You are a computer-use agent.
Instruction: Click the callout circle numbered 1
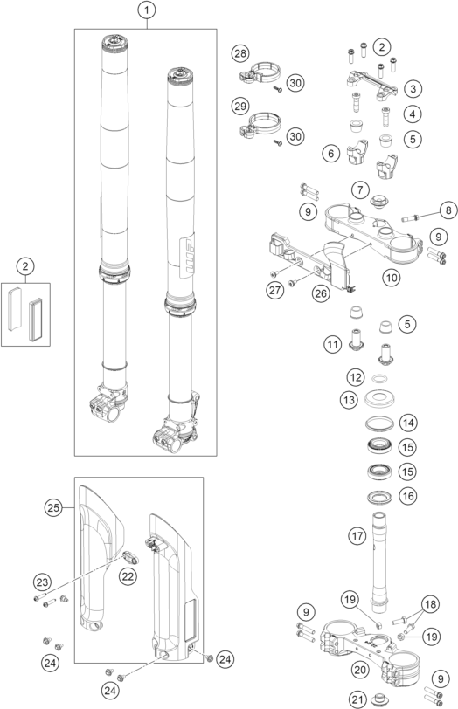[147, 10]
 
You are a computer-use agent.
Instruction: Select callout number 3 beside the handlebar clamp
[413, 88]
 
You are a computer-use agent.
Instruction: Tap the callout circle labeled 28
[240, 53]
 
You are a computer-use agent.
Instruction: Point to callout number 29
[240, 106]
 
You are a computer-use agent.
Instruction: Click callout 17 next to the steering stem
[357, 536]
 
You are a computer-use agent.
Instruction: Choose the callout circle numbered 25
[53, 508]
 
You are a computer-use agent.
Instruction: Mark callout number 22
[128, 576]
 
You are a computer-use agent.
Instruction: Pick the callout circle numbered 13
[349, 400]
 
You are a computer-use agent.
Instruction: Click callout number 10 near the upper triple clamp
[391, 277]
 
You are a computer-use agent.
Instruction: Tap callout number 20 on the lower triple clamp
[360, 669]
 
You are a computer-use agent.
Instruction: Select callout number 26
[321, 293]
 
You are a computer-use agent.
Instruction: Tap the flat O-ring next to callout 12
[380, 378]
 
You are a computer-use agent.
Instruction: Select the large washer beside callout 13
[380, 399]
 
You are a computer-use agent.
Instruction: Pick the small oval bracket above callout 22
[130, 556]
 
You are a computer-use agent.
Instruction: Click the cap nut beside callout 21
[379, 699]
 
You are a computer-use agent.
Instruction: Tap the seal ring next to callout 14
[380, 423]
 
